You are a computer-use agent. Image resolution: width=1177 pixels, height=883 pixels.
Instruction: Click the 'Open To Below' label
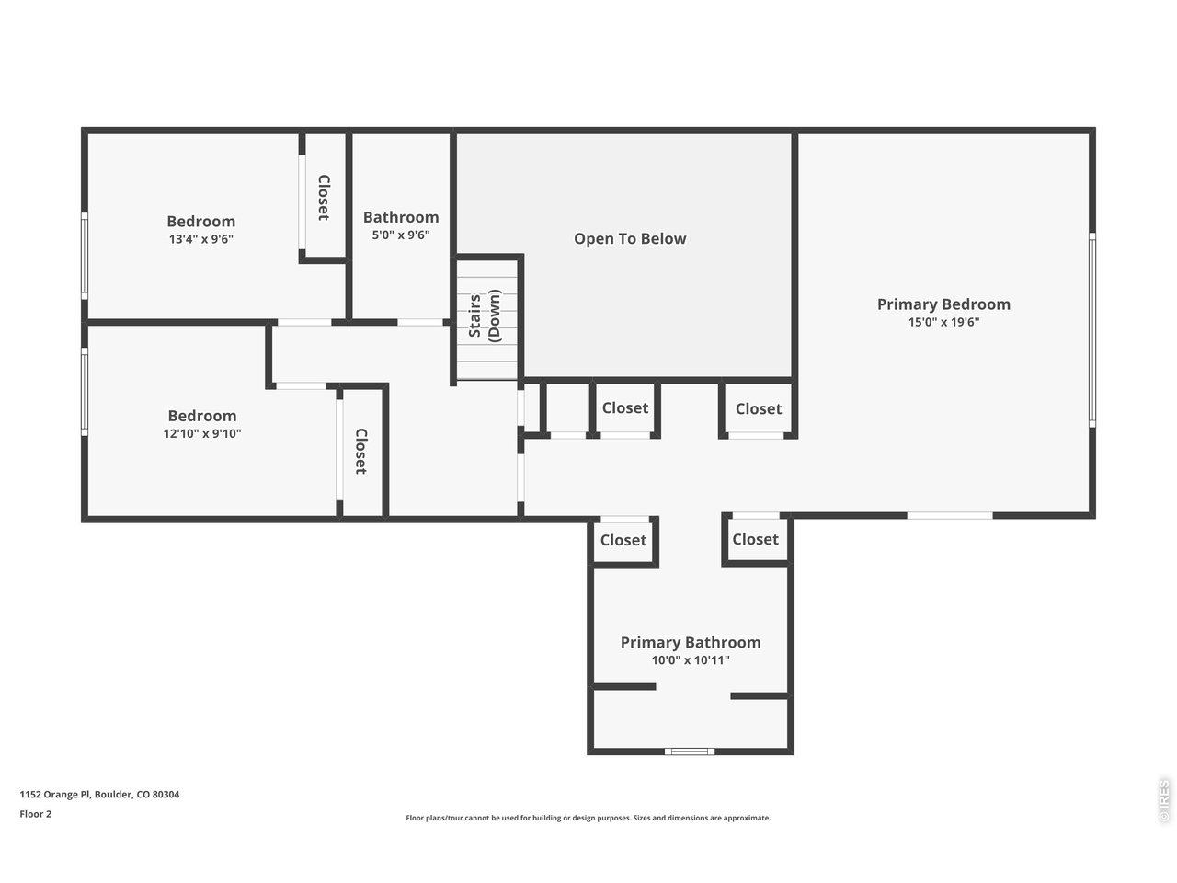click(x=630, y=239)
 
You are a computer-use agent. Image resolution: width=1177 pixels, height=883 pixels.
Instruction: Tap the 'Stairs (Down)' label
click(x=485, y=315)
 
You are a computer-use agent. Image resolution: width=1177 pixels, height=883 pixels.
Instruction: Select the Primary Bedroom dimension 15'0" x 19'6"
click(x=943, y=323)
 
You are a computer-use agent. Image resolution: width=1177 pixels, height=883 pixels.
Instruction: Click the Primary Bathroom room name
click(x=690, y=642)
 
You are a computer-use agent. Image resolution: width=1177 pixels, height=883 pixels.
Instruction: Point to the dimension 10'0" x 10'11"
click(x=690, y=660)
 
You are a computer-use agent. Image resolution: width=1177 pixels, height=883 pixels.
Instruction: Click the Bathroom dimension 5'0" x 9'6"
click(x=400, y=235)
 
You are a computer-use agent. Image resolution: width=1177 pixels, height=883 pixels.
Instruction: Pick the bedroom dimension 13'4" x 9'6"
click(x=200, y=239)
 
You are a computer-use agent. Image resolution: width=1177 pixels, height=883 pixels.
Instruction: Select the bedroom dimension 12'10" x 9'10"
click(x=201, y=434)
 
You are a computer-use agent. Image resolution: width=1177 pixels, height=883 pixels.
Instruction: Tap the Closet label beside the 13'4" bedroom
click(x=324, y=198)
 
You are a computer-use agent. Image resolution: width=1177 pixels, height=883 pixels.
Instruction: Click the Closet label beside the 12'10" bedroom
click(x=361, y=451)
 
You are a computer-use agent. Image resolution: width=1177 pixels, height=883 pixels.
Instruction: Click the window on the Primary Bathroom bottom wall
click(x=690, y=751)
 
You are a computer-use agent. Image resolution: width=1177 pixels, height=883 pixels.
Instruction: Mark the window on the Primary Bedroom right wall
click(x=1092, y=328)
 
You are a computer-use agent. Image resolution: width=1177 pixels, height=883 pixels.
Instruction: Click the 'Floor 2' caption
click(x=36, y=814)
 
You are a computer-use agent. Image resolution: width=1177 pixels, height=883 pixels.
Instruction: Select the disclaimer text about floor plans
click(x=588, y=818)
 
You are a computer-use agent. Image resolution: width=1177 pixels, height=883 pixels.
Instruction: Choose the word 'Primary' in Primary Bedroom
click(x=906, y=304)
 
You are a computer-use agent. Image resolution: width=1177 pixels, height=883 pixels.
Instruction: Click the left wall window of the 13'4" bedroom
click(x=85, y=255)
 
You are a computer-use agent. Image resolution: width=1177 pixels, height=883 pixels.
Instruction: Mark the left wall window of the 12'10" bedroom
click(x=85, y=391)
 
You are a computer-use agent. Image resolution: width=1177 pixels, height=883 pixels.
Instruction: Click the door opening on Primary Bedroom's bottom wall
click(x=950, y=515)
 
